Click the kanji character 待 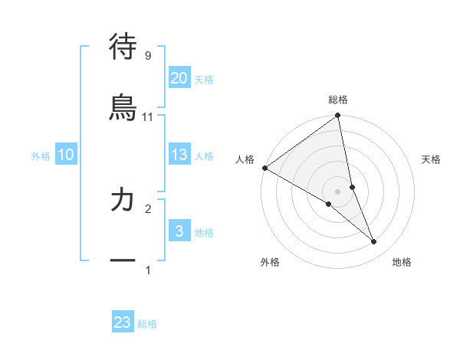click(123, 47)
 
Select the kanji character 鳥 click(123, 108)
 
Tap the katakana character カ click(123, 200)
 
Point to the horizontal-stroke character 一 click(123, 260)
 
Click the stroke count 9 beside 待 click(147, 55)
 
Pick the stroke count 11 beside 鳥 click(147, 116)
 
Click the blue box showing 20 click(179, 78)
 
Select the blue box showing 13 click(179, 155)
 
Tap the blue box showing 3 click(179, 231)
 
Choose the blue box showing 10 click(66, 155)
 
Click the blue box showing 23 click(123, 322)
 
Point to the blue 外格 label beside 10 click(41, 156)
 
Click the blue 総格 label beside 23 click(147, 324)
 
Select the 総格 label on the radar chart click(338, 100)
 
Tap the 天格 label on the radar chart click(431, 159)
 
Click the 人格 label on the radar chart click(245, 159)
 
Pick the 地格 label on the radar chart click(402, 262)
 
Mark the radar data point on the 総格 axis click(338, 116)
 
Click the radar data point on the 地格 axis click(374, 242)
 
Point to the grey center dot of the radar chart click(338, 191)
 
